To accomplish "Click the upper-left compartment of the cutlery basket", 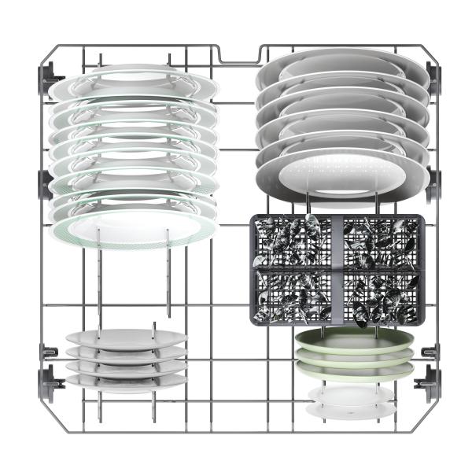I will [294, 242].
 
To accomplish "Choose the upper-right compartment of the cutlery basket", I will [382, 242].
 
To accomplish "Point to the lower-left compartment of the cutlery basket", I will [294, 295].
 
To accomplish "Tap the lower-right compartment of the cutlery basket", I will [382, 295].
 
